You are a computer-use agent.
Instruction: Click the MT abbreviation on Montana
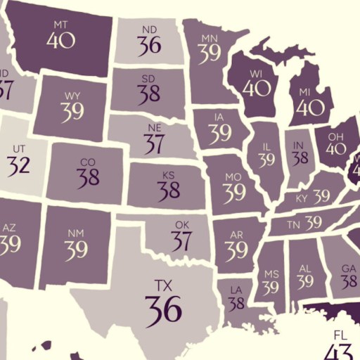(61, 25)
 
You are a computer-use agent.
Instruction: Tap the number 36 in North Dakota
(149, 46)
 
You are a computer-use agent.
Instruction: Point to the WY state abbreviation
(72, 95)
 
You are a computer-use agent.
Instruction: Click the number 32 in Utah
(19, 166)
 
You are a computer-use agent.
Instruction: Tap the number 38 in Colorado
(88, 178)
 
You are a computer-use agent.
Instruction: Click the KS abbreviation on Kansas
(168, 174)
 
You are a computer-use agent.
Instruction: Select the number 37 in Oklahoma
(181, 241)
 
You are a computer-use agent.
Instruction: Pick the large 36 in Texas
(163, 307)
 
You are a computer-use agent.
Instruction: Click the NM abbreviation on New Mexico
(76, 232)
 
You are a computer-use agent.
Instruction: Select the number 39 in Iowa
(219, 133)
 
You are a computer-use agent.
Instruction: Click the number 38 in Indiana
(300, 157)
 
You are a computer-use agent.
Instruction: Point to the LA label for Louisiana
(235, 289)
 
